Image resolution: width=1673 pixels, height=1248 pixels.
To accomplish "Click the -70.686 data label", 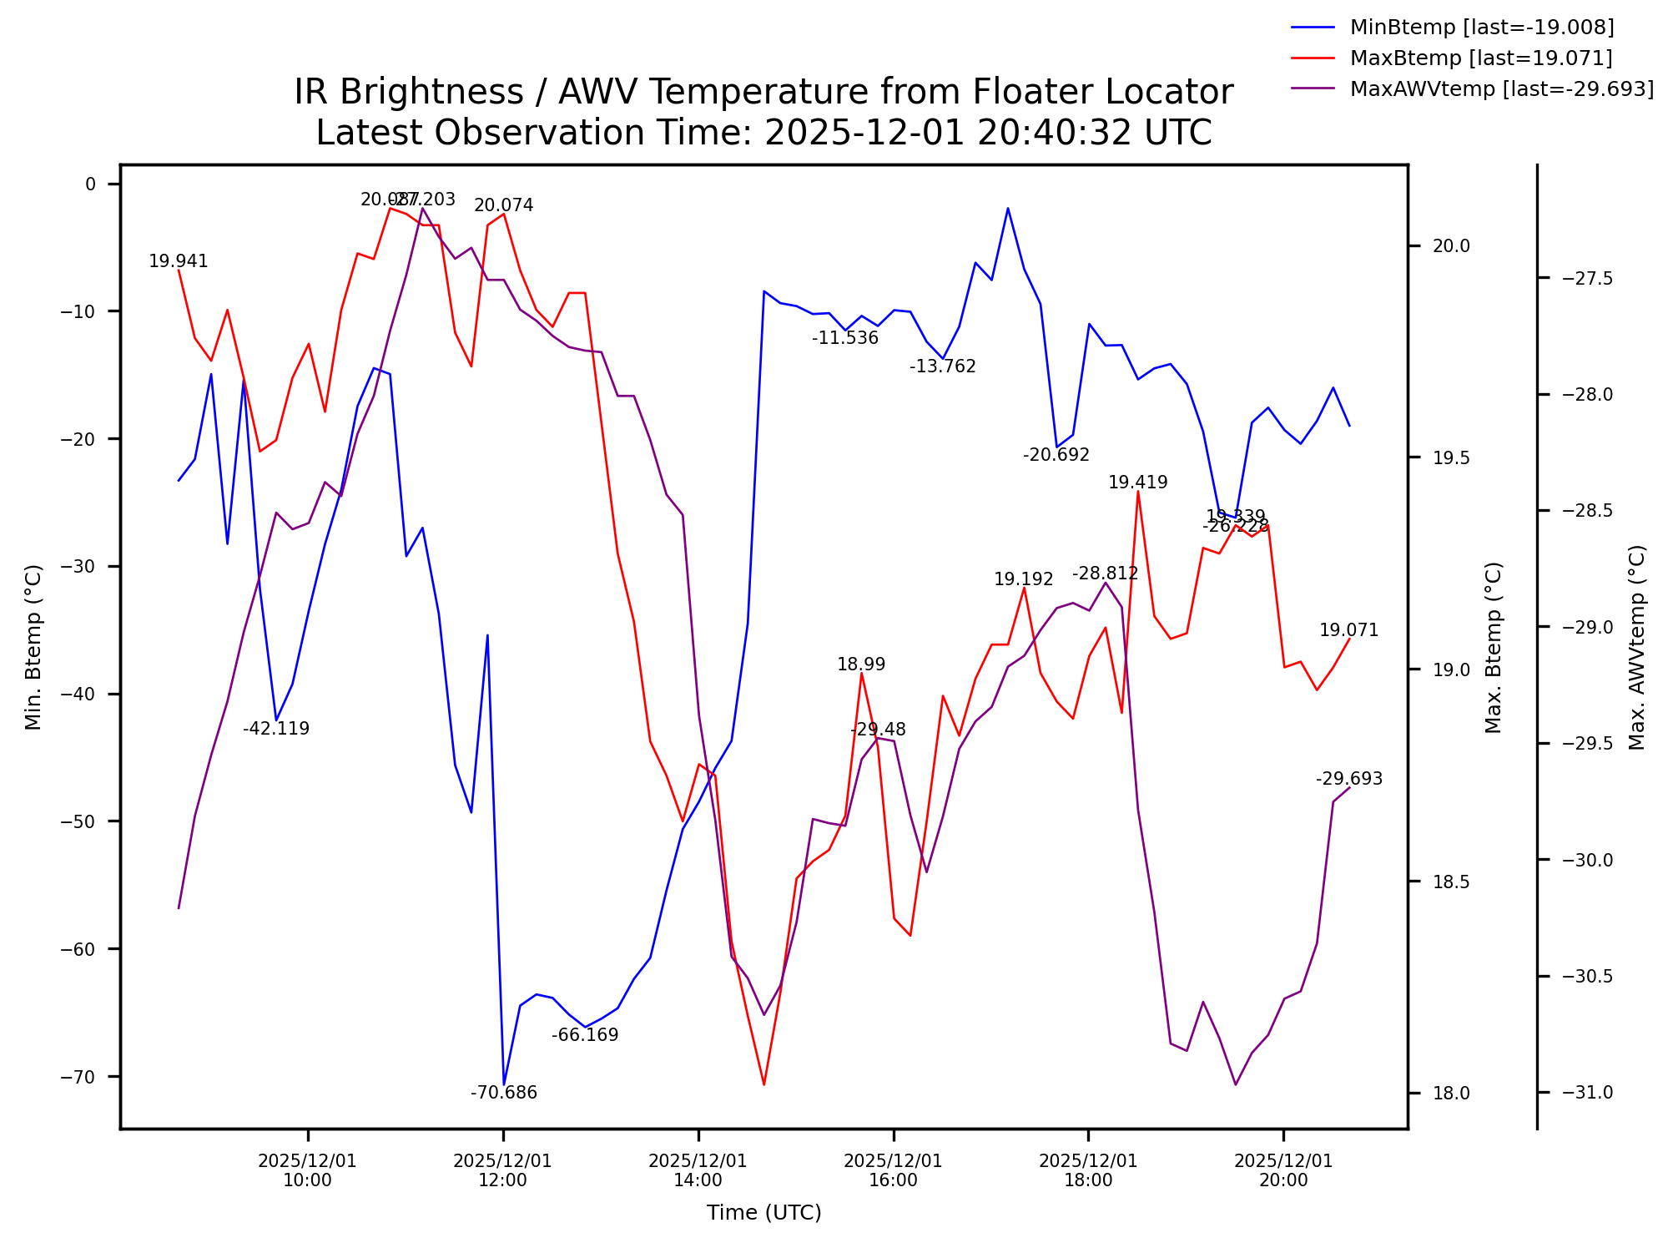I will tap(504, 1093).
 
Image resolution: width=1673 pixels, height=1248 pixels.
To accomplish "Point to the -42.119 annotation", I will tap(276, 729).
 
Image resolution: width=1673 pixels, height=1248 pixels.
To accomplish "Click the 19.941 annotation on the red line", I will tap(179, 261).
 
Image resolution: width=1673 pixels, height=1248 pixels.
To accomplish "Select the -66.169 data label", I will tap(585, 1035).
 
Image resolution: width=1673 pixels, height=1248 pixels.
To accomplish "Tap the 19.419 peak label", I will tap(1137, 483).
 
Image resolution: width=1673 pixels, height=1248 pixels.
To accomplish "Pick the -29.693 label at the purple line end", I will tap(1348, 779).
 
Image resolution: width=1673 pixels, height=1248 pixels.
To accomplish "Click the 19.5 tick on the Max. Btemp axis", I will tap(1451, 457).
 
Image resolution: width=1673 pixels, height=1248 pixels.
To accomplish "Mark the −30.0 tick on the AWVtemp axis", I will tap(1589, 860).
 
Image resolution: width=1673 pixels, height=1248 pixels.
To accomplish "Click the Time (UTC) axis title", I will tap(763, 1213).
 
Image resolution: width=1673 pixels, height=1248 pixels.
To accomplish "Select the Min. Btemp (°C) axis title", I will tap(33, 647).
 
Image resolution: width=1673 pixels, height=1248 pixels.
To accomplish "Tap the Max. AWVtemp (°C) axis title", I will tap(1637, 647).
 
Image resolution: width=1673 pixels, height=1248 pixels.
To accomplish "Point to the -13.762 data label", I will tap(942, 366).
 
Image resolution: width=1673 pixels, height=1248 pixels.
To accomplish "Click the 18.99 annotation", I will tap(861, 664).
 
